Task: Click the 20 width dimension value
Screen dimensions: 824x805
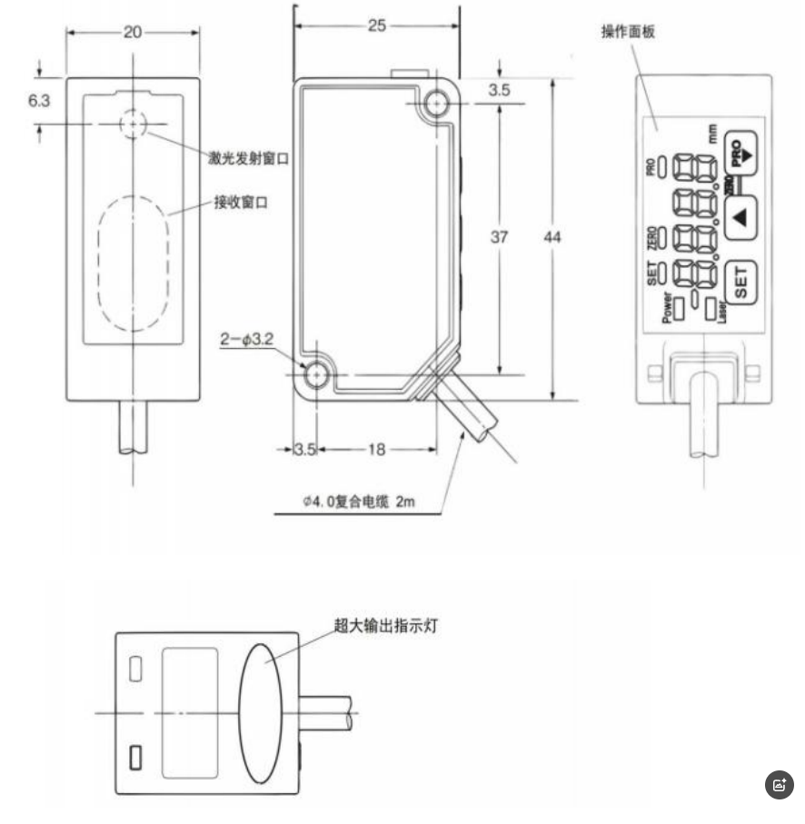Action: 133,32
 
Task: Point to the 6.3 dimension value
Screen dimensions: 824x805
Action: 38,101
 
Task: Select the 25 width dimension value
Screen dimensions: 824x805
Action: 376,25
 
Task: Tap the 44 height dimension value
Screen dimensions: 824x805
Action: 552,237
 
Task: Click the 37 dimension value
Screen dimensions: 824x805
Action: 499,237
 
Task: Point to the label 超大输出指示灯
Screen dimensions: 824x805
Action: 386,626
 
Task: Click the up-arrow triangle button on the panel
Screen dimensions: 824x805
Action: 740,217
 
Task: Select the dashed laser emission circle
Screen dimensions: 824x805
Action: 134,123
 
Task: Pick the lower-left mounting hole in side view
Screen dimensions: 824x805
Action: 316,374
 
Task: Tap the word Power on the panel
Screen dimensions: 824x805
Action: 668,308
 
